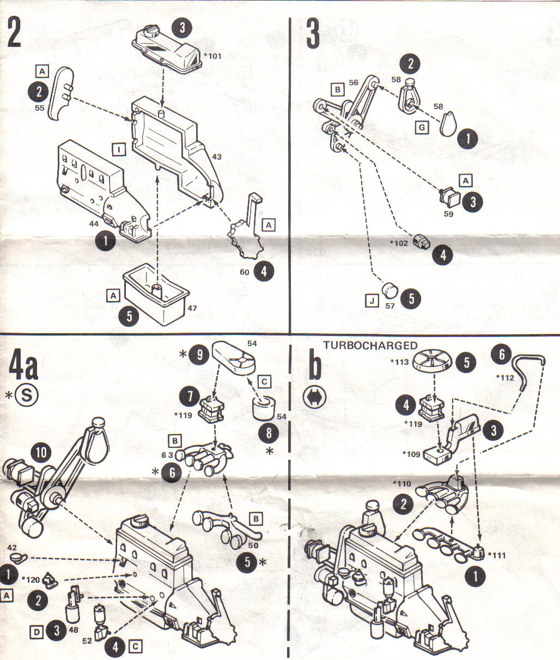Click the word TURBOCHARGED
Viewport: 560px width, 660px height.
pos(370,345)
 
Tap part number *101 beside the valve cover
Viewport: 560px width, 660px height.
pos(213,56)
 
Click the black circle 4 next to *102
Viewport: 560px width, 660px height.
pos(442,254)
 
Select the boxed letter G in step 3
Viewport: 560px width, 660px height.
pos(422,128)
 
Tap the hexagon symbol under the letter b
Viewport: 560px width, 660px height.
pos(315,398)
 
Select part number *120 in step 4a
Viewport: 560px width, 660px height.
pos(32,579)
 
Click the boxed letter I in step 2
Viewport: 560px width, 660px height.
pos(118,148)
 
